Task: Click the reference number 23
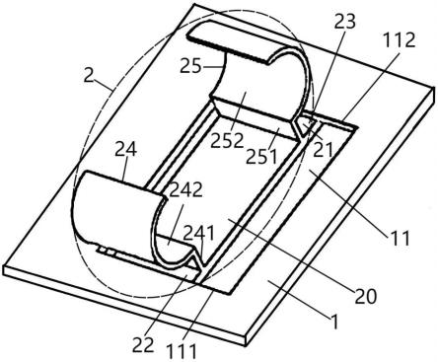345,22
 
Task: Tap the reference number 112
399,40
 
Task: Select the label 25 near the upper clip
190,66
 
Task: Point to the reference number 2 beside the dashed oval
89,75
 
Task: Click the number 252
227,140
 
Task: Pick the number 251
261,157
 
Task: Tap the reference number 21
323,150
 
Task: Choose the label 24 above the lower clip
125,150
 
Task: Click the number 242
185,189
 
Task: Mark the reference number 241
198,234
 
